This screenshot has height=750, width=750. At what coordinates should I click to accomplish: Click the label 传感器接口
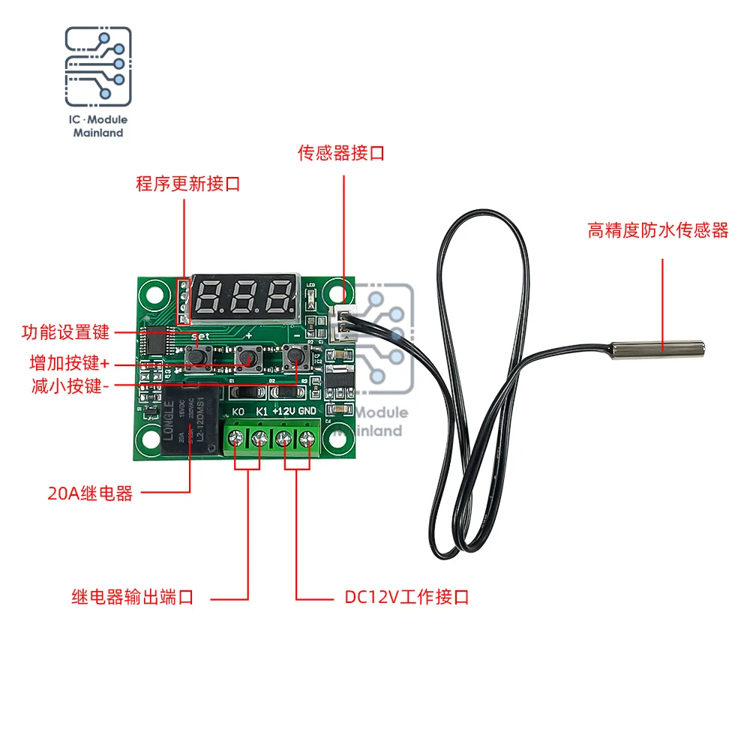click(341, 154)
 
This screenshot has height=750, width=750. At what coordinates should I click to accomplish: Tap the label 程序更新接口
click(188, 184)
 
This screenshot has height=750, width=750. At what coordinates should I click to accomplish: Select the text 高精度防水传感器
click(658, 231)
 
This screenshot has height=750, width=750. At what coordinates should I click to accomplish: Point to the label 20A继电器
click(90, 493)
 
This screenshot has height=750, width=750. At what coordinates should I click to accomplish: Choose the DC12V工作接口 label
click(406, 598)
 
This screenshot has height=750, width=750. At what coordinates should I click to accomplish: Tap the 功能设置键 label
click(66, 331)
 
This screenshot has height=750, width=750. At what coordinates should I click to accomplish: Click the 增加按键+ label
click(69, 363)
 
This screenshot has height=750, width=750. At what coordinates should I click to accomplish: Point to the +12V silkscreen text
click(283, 411)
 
